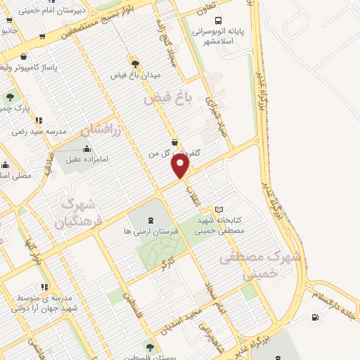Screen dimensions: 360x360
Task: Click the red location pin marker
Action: tap(181, 166)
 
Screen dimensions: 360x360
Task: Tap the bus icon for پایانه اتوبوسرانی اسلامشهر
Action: tap(218, 22)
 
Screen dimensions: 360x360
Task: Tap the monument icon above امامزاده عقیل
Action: tap(86, 148)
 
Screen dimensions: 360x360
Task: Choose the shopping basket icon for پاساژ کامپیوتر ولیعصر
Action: tap(25, 56)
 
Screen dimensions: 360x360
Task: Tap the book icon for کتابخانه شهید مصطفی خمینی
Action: tap(219, 210)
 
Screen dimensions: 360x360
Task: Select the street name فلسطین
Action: tap(128, 302)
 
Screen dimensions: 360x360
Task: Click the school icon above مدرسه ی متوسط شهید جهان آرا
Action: tap(44, 287)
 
